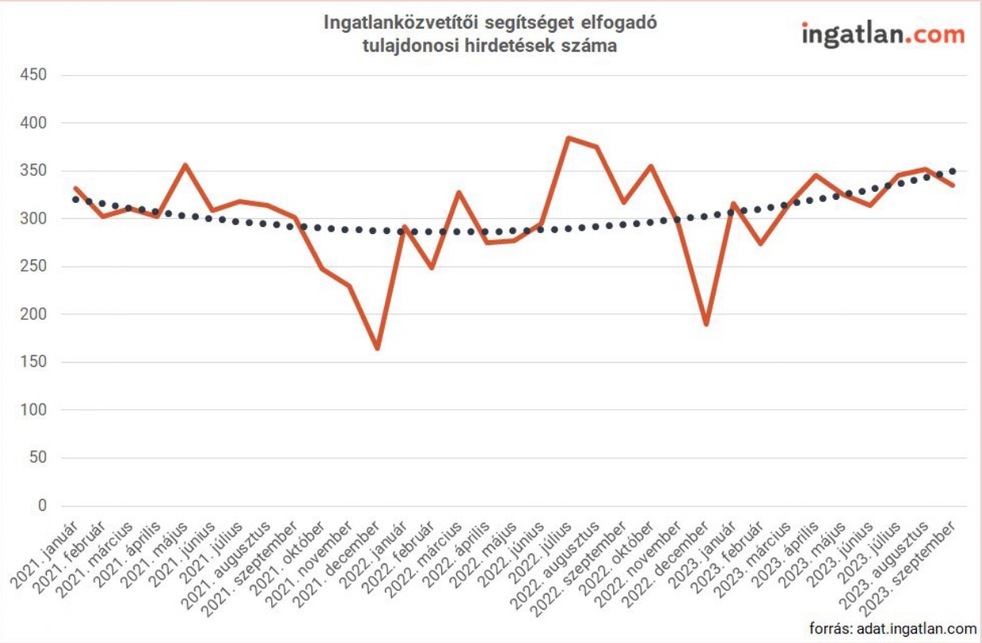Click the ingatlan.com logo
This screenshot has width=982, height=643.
(883, 34)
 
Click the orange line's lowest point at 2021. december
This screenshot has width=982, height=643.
(377, 349)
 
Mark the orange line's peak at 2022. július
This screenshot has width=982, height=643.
(569, 138)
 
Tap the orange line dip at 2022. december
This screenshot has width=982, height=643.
(705, 325)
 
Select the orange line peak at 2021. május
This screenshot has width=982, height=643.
(185, 165)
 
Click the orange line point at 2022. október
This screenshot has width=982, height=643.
(651, 166)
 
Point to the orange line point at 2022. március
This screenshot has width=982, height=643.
(460, 192)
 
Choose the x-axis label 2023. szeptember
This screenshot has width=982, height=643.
(914, 564)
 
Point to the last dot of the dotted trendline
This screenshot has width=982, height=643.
(953, 171)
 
